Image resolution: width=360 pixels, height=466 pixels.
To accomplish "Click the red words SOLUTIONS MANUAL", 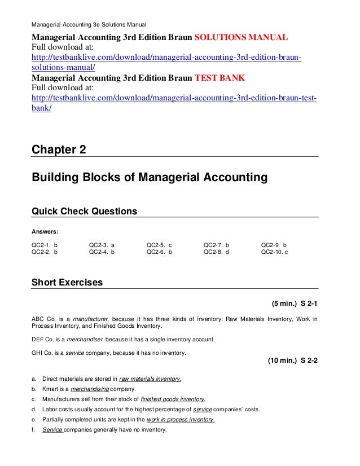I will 241,38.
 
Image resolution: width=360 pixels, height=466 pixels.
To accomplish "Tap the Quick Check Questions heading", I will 84,212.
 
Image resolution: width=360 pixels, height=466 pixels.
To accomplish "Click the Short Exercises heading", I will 67,282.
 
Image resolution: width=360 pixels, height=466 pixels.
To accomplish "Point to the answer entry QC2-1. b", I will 45,245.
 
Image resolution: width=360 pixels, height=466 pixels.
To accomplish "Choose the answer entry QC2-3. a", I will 102,245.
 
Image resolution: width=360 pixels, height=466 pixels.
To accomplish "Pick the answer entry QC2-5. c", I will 159,245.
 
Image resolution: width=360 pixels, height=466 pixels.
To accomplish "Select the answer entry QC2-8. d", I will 217,253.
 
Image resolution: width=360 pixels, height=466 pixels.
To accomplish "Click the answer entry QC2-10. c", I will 275,253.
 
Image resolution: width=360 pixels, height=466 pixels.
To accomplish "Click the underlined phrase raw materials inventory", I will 150,379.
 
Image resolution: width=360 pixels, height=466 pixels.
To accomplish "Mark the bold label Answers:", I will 46,231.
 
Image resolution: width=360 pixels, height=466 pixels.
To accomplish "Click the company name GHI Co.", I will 43,353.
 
